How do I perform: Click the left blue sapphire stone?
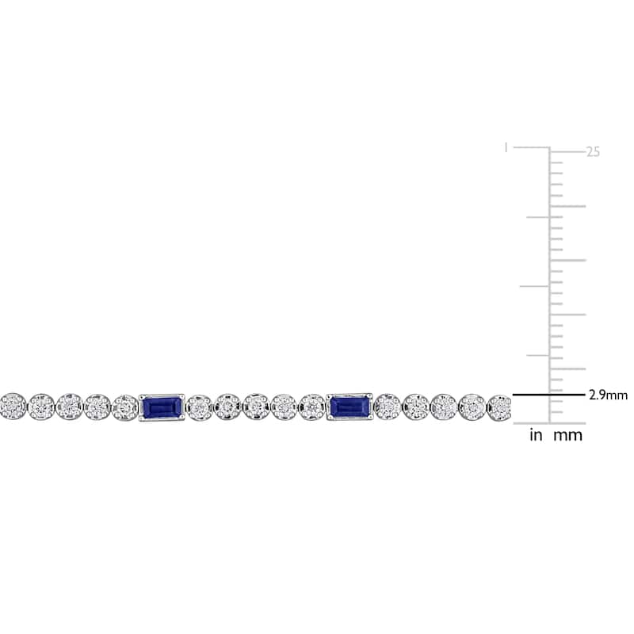coord(162,407)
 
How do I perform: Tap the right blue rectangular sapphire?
coord(349,407)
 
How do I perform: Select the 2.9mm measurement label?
coord(608,395)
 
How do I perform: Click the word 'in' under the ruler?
coord(536,435)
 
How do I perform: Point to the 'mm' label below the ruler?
coord(567,436)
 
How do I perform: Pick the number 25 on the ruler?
coord(593,152)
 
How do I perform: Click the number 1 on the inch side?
coord(506,147)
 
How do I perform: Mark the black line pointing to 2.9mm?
coord(548,394)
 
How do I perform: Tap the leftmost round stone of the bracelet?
coord(13,406)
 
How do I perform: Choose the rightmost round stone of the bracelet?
coord(499,408)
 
